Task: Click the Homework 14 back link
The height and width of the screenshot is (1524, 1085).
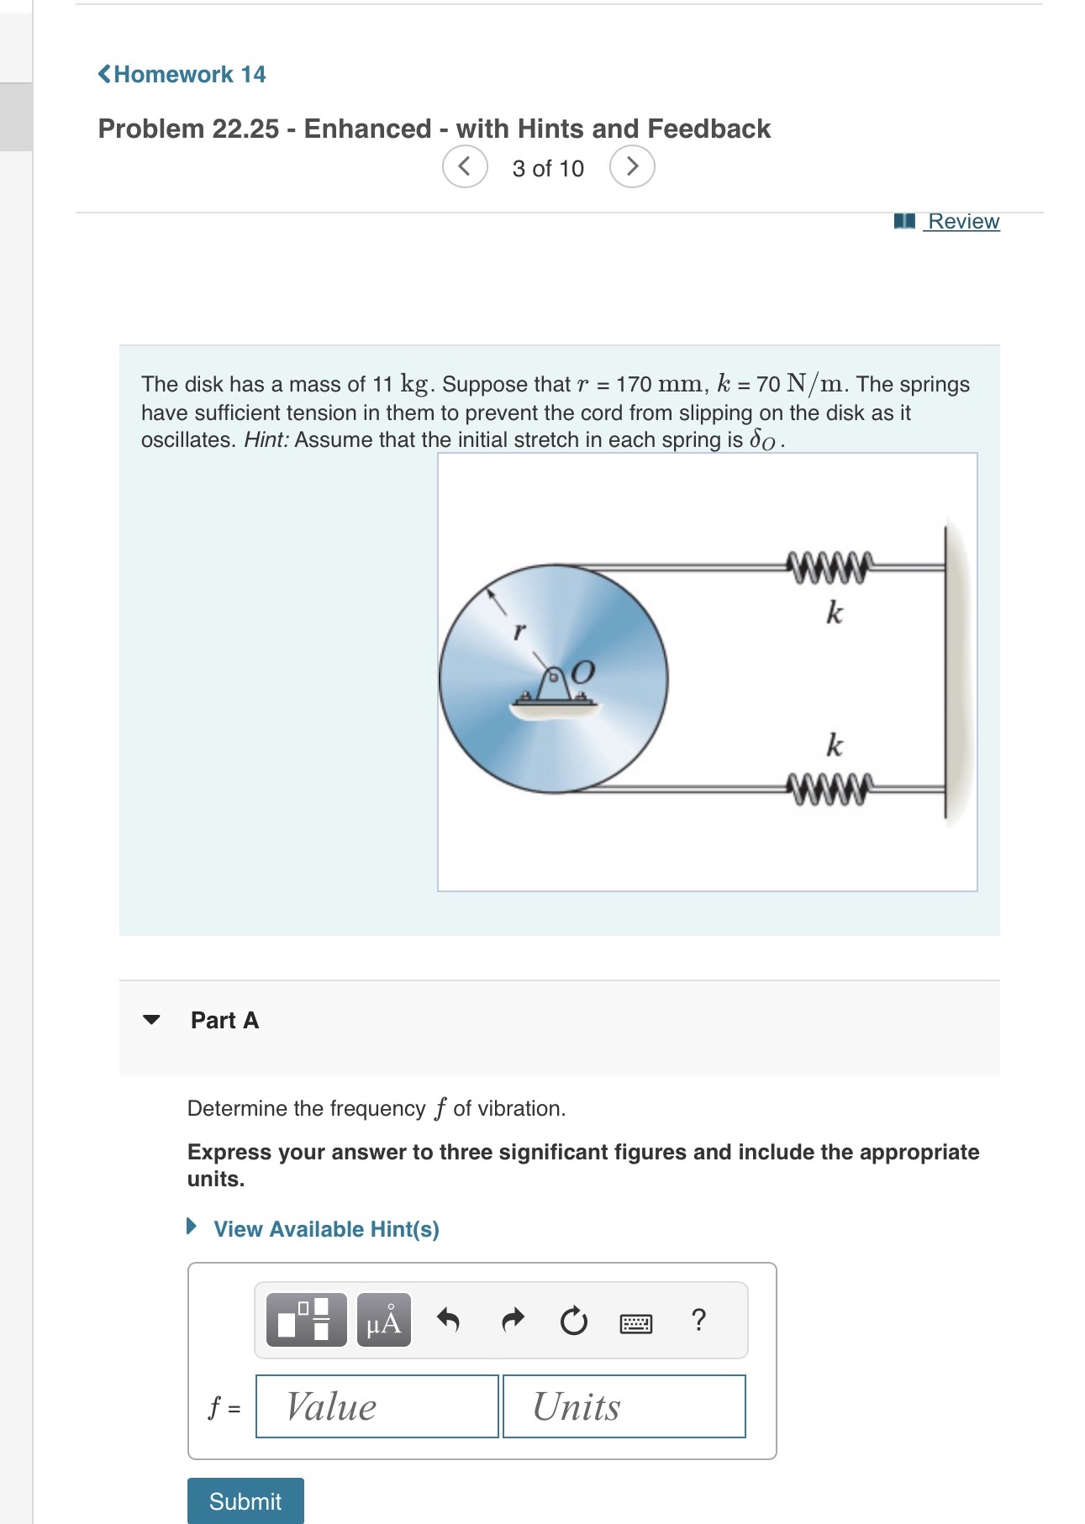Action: coord(182,75)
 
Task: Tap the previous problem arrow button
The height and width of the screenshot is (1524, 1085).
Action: coord(465,166)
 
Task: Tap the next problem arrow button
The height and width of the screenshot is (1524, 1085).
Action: coord(632,166)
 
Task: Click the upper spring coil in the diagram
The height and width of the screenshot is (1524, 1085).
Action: coord(829,567)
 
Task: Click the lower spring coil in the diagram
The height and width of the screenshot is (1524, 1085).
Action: coord(829,789)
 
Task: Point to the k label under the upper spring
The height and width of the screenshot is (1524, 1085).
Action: coord(834,613)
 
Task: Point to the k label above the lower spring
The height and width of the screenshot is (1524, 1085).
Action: coord(834,745)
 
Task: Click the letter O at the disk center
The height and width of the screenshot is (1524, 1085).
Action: coord(582,672)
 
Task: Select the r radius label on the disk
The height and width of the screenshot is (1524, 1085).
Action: coord(519,630)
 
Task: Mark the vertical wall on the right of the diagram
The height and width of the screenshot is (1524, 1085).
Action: coord(947,672)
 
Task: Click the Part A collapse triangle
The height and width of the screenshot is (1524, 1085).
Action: coord(151,1020)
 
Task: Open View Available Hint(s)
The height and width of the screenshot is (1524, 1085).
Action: coord(326,1229)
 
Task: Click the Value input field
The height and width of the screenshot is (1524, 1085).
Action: coord(377,1406)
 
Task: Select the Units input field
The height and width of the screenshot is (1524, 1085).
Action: coord(624,1406)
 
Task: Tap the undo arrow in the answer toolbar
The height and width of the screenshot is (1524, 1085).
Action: coord(449,1321)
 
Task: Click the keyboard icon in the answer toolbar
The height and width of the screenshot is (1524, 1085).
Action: coord(635,1324)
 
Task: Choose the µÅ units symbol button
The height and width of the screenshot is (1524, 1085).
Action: coord(384,1321)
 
